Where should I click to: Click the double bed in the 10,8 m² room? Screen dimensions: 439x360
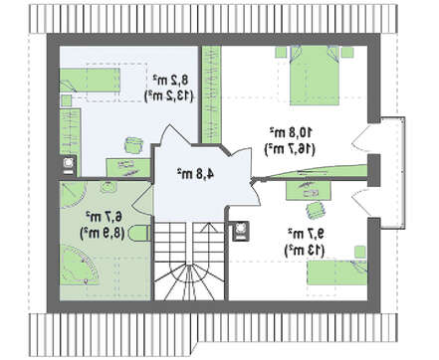pyautogui.click(x=315, y=76)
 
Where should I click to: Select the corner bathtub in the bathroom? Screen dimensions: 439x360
pyautogui.click(x=80, y=266)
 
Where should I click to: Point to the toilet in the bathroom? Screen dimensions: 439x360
pyautogui.click(x=138, y=234)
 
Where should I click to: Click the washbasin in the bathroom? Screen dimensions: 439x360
pyautogui.click(x=109, y=186)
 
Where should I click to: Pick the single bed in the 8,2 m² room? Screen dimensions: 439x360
pyautogui.click(x=90, y=80)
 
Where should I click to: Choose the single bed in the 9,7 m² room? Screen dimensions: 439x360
pyautogui.click(x=336, y=272)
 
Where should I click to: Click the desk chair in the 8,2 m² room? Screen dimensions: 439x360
pyautogui.click(x=133, y=145)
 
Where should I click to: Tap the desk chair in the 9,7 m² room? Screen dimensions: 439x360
pyautogui.click(x=315, y=210)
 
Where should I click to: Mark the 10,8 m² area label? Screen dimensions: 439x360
pyautogui.click(x=291, y=132)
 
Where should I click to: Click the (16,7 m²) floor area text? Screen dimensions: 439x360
pyautogui.click(x=290, y=149)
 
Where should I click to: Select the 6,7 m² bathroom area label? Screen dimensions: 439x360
pyautogui.click(x=104, y=217)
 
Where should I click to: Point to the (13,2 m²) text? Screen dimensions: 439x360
pyautogui.click(x=168, y=96)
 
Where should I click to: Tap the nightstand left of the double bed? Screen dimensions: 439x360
pyautogui.click(x=281, y=52)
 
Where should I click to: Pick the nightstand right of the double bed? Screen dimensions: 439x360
pyautogui.click(x=347, y=52)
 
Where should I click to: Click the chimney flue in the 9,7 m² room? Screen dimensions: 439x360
pyautogui.click(x=240, y=230)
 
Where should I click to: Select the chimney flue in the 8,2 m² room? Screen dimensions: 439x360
pyautogui.click(x=69, y=165)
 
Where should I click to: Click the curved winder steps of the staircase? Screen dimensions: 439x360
pyautogui.click(x=188, y=281)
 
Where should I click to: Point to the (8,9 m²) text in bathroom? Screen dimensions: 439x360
pyautogui.click(x=104, y=234)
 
